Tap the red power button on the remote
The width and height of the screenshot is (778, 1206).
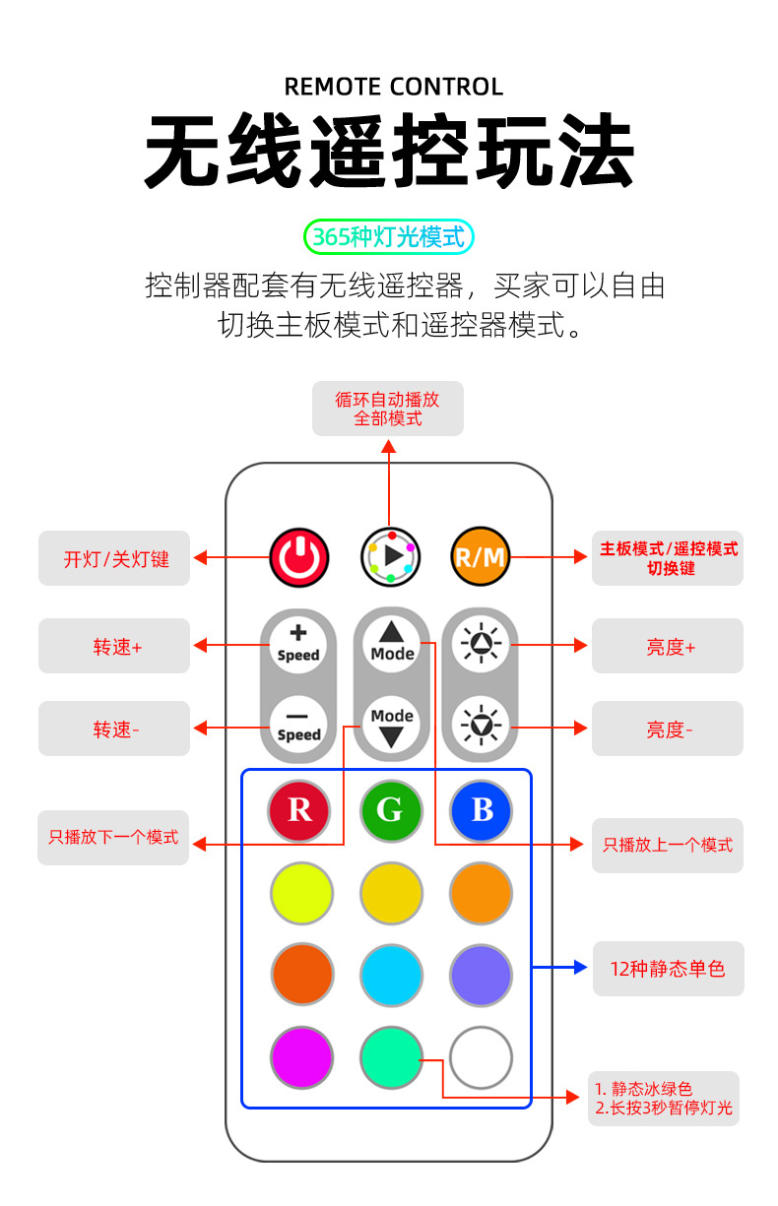coord(299,557)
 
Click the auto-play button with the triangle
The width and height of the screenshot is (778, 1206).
coord(391,557)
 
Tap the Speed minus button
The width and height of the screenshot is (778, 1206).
coord(298,726)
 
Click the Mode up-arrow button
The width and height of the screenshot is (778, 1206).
coord(392,643)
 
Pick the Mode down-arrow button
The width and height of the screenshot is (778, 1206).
coord(392,726)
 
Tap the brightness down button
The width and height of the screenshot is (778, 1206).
coord(482,726)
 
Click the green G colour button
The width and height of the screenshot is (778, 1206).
coord(391,810)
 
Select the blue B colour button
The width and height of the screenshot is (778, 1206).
coord(482,810)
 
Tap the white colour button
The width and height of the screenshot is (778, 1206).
coord(482,1057)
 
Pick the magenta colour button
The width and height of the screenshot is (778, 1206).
coord(301,1057)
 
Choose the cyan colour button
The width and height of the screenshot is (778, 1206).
coord(391,976)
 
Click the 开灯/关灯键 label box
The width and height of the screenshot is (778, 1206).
coord(114,558)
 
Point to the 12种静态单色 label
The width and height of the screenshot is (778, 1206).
coord(668,969)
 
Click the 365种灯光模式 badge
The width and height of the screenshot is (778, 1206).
coord(389,237)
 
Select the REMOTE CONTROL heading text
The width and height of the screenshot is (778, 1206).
coord(393,87)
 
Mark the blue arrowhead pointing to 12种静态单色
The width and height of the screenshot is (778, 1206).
coord(581,968)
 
